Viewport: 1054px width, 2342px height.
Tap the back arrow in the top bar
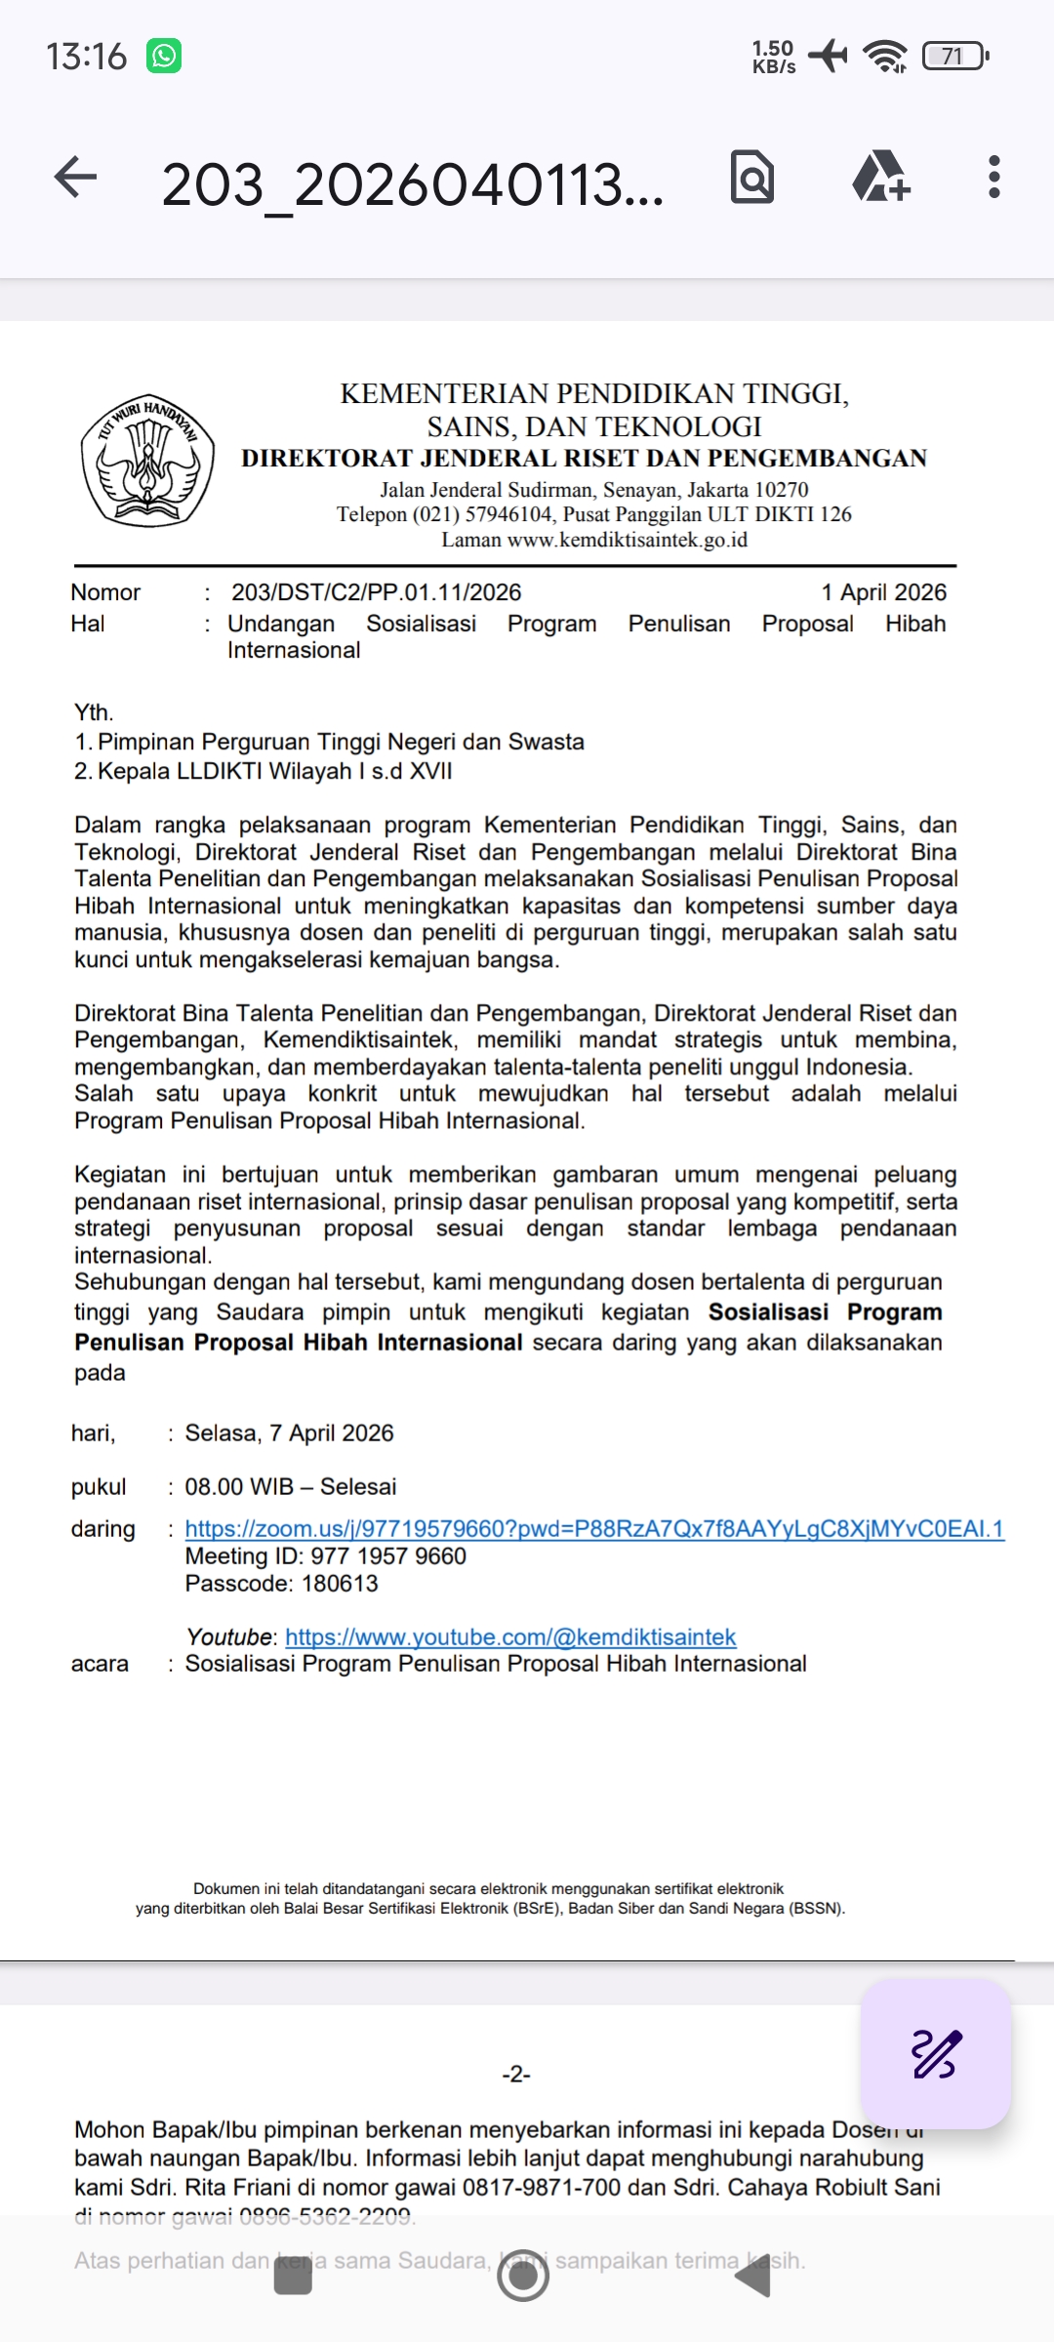[75, 178]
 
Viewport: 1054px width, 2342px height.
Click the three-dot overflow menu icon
[993, 178]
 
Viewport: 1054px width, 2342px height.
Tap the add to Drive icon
[880, 178]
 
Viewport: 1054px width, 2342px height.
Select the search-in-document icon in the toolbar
[752, 178]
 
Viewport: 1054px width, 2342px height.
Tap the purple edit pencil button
[935, 2053]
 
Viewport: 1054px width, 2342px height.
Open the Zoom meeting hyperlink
[593, 1528]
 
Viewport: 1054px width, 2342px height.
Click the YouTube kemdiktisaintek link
[510, 1636]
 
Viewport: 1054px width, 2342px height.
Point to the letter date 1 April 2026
[883, 592]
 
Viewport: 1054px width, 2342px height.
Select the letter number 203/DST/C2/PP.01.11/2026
[376, 592]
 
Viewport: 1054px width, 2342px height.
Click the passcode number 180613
[340, 1583]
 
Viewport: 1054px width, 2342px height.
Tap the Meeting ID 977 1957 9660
[388, 1555]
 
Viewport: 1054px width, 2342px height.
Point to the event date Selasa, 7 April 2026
[289, 1433]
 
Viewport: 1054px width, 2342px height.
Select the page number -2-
[515, 2074]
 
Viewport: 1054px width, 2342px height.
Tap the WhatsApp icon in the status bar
[164, 56]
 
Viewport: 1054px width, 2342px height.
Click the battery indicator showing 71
[954, 56]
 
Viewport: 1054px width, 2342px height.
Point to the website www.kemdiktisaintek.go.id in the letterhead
[627, 540]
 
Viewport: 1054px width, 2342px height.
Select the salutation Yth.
[94, 712]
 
